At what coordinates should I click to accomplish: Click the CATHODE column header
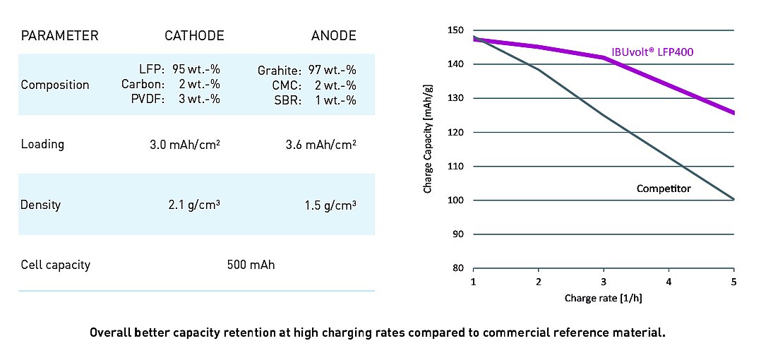[x=194, y=35]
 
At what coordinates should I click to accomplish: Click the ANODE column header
[x=335, y=35]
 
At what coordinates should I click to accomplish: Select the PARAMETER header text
[x=59, y=35]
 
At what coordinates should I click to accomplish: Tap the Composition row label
[x=55, y=85]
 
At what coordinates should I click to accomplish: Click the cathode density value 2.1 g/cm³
[x=194, y=205]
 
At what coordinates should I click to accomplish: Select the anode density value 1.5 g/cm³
[x=330, y=205]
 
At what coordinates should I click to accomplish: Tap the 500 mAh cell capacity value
[x=251, y=265]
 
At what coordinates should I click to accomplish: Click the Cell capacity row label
[x=56, y=265]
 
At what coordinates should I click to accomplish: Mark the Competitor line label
[x=663, y=188]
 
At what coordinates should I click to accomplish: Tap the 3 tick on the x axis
[x=604, y=282]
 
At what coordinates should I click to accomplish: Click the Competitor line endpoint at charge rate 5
[x=734, y=200]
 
